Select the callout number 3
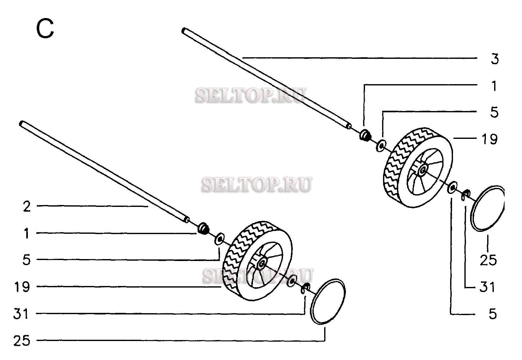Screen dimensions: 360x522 pyautogui.click(x=494, y=59)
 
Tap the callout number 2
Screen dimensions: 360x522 pyautogui.click(x=27, y=207)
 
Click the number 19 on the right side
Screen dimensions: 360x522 pyautogui.click(x=489, y=139)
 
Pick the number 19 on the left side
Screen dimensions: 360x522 pyautogui.click(x=22, y=287)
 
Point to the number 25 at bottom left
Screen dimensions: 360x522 pyautogui.click(x=22, y=341)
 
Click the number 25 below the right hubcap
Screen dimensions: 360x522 pyautogui.click(x=488, y=260)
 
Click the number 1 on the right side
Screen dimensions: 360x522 pyautogui.click(x=494, y=86)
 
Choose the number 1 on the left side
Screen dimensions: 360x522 pyautogui.click(x=27, y=234)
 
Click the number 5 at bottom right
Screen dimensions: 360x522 pyautogui.click(x=493, y=314)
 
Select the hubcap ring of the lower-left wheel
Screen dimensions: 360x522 pyautogui.click(x=328, y=301)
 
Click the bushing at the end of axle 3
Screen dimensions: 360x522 pyautogui.click(x=365, y=135)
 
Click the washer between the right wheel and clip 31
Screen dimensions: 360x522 pyautogui.click(x=452, y=187)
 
